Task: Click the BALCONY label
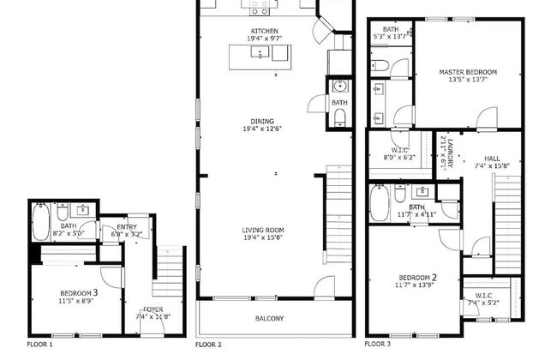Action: point(269,319)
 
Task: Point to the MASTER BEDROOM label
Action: point(468,72)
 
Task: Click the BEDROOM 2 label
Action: point(418,277)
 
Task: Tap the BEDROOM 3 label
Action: point(78,292)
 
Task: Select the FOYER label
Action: point(153,309)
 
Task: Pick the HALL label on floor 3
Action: point(492,158)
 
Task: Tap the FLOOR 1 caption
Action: point(39,344)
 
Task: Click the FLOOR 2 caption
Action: point(208,344)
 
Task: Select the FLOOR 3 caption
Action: point(377,344)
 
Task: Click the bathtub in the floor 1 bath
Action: point(40,220)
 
